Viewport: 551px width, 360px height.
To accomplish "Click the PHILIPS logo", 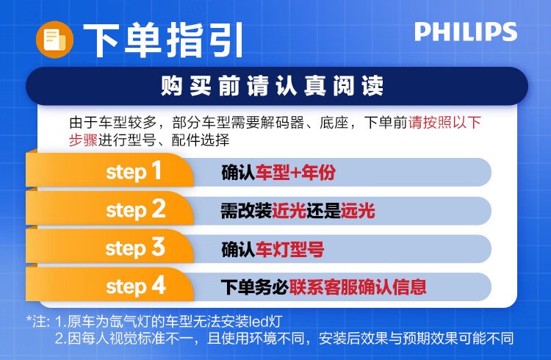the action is pos(466,32).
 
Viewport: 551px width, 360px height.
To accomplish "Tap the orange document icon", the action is pos(54,40).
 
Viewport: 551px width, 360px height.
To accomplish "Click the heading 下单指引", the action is pos(163,40).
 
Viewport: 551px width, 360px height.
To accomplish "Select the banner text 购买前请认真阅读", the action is pos(273,86).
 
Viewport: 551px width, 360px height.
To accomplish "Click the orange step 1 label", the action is pos(134,172).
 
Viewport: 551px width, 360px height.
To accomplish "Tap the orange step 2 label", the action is pos(136,210).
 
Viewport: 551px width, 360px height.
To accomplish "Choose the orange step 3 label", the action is pos(135,248).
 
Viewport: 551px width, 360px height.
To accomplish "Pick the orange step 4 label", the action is pos(136,286).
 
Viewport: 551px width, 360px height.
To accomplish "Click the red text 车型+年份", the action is pos(295,172).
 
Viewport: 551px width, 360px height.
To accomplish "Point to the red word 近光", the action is pos(289,211).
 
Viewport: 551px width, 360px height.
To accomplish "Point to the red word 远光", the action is pos(358,211).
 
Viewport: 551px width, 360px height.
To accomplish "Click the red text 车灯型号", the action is pos(289,249).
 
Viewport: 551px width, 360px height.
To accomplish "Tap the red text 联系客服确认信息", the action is pos(358,287).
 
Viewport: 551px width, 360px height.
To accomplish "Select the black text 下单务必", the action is pos(255,287).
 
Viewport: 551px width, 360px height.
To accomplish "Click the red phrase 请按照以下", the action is pos(444,123).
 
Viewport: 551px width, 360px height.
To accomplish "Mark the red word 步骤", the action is pos(83,140).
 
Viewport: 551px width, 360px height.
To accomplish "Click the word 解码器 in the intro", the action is pos(282,123).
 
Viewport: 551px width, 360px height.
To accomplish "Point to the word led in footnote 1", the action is pos(258,321).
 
